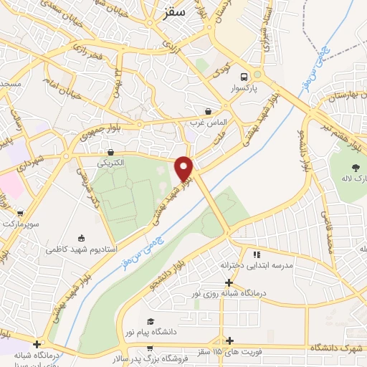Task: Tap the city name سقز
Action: pyautogui.click(x=174, y=11)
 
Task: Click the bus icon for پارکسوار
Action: pyautogui.click(x=244, y=77)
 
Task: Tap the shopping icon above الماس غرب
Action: pyautogui.click(x=208, y=112)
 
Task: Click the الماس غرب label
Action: pyautogui.click(x=203, y=123)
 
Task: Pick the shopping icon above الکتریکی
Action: pyautogui.click(x=111, y=153)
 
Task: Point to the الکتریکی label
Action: pyautogui.click(x=110, y=163)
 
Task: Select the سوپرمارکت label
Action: pyautogui.click(x=19, y=224)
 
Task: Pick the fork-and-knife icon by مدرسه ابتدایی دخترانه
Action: pyautogui.click(x=255, y=254)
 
